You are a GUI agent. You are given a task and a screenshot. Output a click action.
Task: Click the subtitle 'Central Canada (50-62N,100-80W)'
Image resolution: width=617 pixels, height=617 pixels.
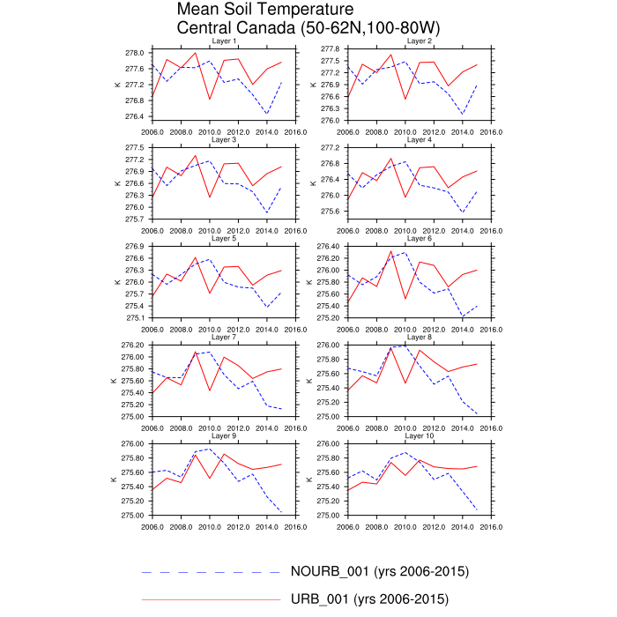(x=308, y=28)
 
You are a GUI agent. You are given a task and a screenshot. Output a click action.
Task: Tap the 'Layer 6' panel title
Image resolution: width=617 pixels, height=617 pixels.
(x=418, y=239)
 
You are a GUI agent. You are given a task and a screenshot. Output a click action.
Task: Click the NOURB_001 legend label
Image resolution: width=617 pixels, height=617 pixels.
(x=379, y=571)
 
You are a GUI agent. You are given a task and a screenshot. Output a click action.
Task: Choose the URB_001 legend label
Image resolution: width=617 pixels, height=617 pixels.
(x=370, y=599)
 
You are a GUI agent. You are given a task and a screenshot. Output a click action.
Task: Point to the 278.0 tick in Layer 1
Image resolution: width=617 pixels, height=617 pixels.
(x=134, y=53)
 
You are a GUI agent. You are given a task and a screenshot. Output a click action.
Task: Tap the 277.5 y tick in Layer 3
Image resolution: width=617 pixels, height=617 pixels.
(x=134, y=147)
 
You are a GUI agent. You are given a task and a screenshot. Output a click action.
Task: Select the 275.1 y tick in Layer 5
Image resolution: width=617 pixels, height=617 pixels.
(x=134, y=317)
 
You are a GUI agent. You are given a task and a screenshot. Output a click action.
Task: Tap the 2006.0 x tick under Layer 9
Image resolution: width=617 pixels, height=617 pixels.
(x=152, y=530)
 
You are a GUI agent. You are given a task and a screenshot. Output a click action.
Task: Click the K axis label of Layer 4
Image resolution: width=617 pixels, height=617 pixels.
(x=312, y=183)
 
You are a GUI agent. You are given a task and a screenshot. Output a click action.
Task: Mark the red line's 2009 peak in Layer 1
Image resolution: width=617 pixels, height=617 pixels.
(x=196, y=53)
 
